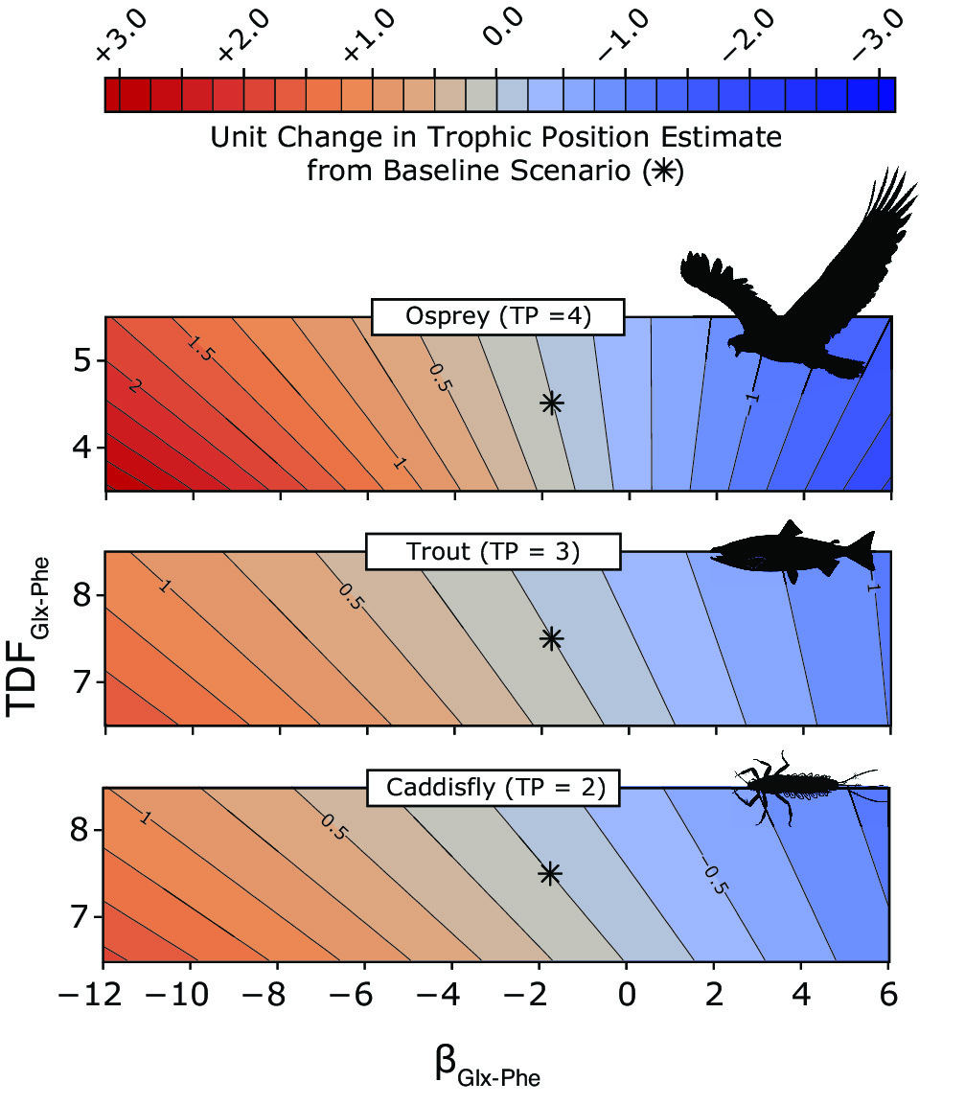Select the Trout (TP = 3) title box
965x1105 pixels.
coord(493,552)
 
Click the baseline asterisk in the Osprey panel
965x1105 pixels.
coord(552,403)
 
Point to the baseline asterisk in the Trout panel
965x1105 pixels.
coord(552,638)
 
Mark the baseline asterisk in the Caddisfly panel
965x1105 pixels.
coord(550,873)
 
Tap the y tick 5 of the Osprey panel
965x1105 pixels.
coord(82,362)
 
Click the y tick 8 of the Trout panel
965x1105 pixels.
coord(82,595)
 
